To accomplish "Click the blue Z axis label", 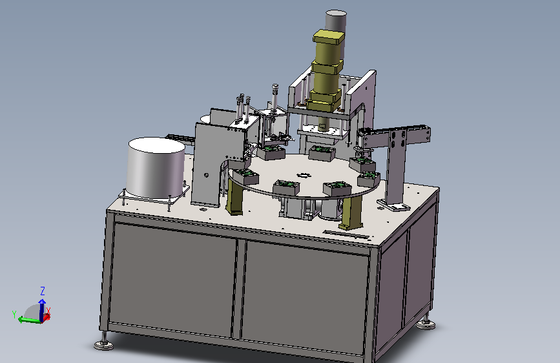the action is tap(43, 291).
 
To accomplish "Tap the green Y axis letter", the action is tap(14, 315).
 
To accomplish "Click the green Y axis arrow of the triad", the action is tap(28, 320).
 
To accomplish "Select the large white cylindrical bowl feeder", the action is tap(156, 167).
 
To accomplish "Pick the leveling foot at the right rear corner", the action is tap(426, 322).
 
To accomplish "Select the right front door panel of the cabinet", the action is tap(306, 297).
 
